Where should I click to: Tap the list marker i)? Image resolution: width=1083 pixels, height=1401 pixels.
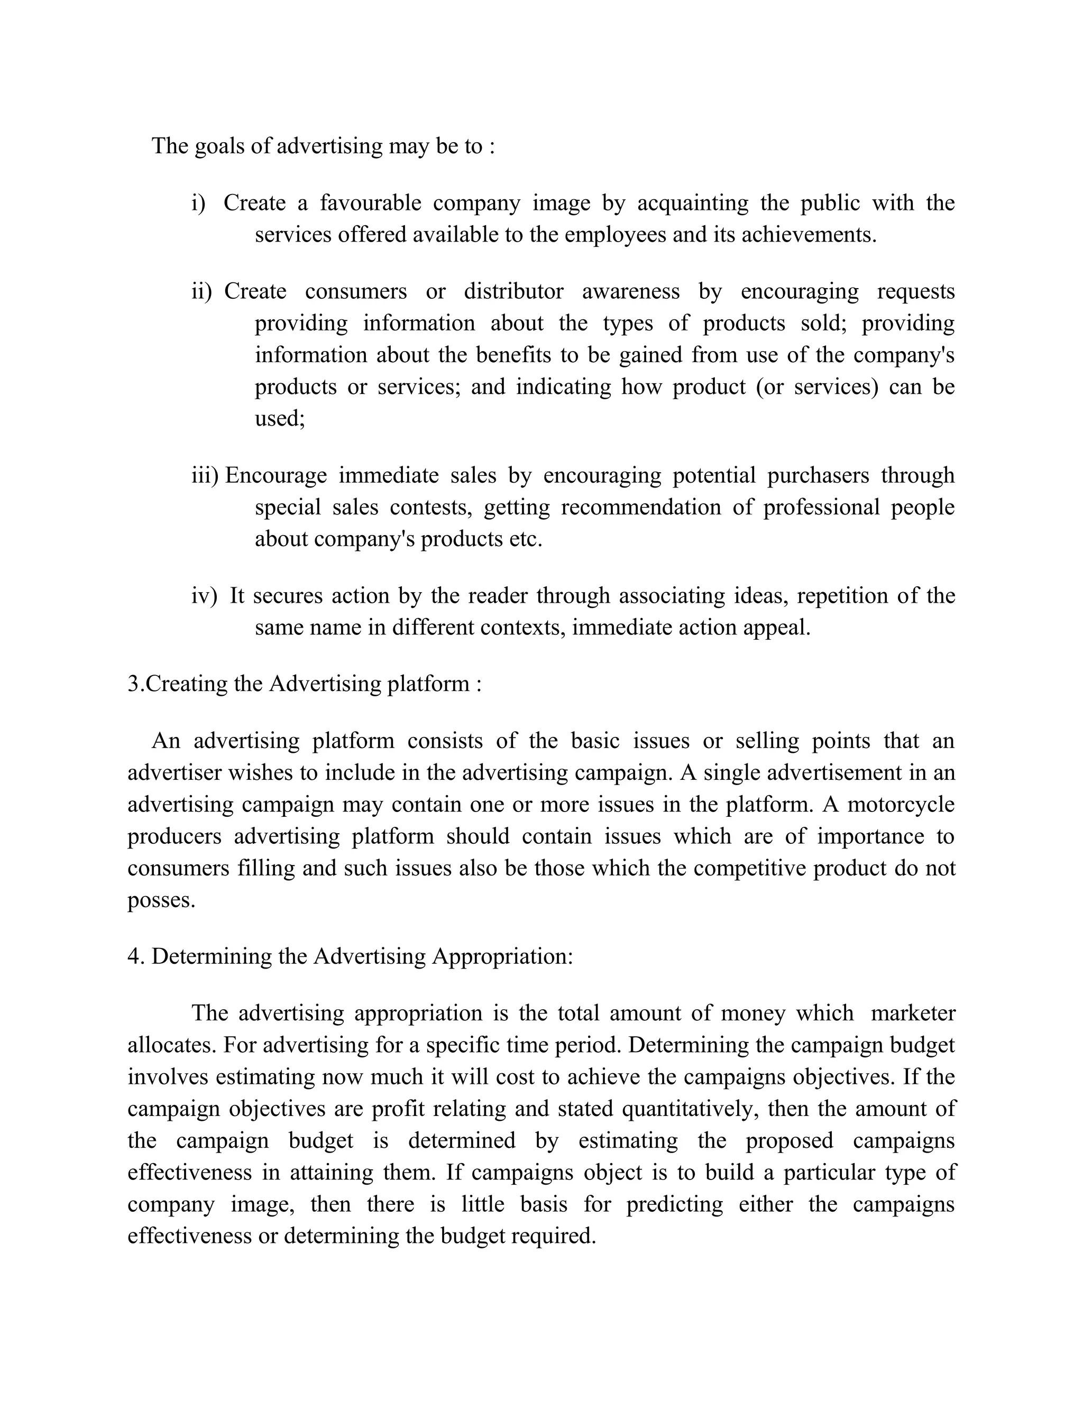198,204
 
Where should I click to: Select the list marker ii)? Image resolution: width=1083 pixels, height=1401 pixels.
201,292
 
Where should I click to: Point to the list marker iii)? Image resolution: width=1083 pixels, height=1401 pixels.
205,476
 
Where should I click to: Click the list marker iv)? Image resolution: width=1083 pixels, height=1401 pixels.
204,596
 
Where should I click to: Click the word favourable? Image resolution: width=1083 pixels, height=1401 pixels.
370,204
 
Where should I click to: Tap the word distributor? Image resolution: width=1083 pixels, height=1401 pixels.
513,292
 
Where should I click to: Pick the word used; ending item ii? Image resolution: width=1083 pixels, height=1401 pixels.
280,419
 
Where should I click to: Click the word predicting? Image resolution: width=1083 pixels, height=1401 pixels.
674,1204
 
